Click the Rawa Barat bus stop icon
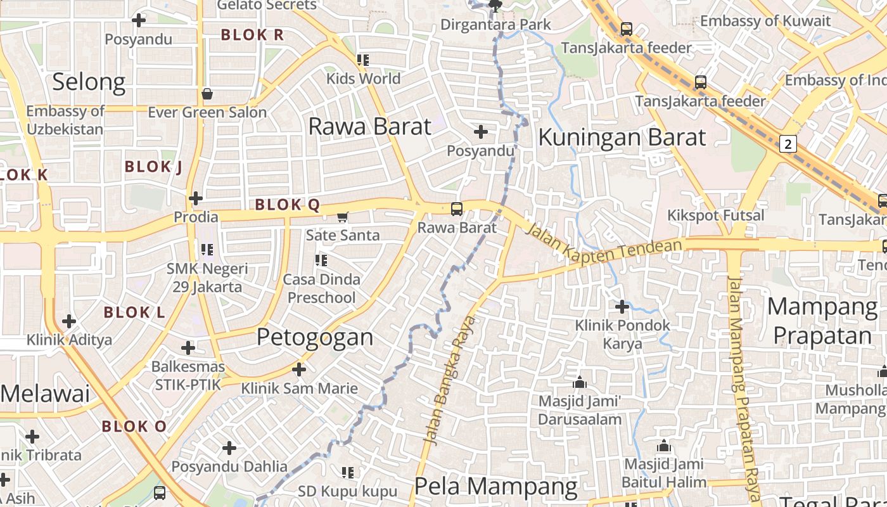456,209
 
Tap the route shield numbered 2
788,144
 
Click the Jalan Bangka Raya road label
450,380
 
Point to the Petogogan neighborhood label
315,337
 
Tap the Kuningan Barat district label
622,137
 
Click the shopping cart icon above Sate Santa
343,217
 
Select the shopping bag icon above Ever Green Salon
207,94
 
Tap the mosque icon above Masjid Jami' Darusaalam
579,383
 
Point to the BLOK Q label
287,205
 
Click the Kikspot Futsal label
715,215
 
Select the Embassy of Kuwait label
765,21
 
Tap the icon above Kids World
363,60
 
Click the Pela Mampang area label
495,487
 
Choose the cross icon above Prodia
196,198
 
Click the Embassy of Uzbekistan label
65,120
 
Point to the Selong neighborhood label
89,82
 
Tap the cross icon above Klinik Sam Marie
299,369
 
